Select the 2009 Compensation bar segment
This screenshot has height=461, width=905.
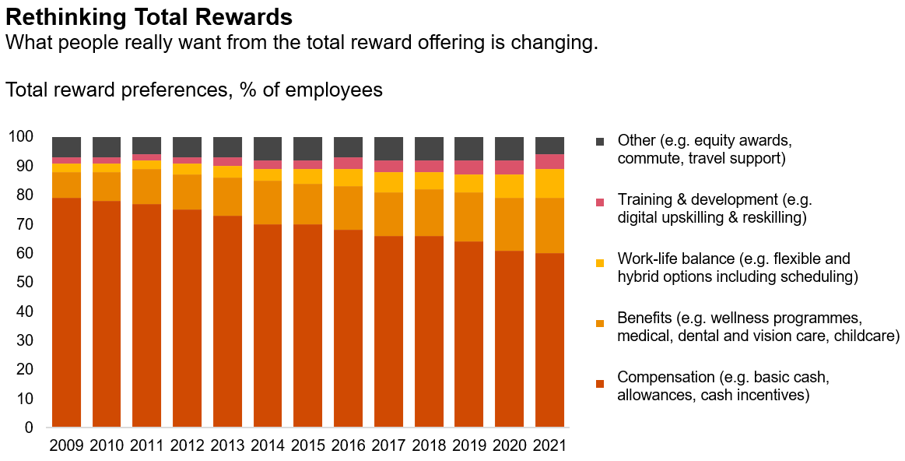tap(66, 311)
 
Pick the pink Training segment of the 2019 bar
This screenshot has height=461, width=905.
tap(468, 167)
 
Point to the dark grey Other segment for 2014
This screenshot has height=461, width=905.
tap(268, 148)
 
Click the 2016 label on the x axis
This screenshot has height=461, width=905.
tap(348, 446)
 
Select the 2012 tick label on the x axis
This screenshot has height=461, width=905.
tap(187, 446)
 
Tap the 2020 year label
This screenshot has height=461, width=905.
tap(509, 446)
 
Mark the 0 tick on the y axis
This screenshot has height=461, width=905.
tap(30, 428)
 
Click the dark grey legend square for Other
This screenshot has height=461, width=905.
tap(599, 142)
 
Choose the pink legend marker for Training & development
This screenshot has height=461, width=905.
tap(599, 202)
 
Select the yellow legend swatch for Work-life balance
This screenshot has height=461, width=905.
tap(599, 262)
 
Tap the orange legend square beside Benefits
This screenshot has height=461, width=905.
tap(599, 322)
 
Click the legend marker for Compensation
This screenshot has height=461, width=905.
tap(599, 383)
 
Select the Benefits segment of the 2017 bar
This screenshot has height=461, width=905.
tap(388, 214)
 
